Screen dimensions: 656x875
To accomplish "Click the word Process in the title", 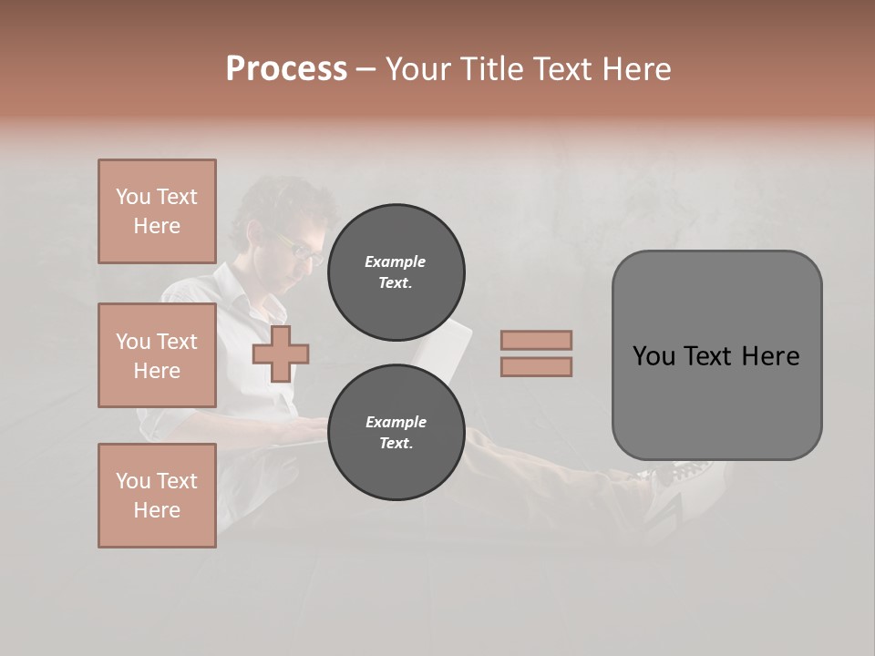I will tap(286, 69).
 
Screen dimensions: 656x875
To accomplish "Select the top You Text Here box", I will tap(157, 211).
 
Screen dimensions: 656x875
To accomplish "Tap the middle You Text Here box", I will tap(157, 355).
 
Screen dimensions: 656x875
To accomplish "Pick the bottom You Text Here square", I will tap(157, 496).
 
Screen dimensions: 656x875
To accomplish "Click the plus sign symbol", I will tap(281, 354).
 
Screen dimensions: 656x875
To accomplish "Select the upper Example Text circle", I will tap(396, 272).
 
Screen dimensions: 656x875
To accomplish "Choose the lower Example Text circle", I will tap(396, 433).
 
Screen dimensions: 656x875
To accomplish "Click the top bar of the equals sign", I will tap(536, 340).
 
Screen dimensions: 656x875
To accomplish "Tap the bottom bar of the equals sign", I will tap(536, 367).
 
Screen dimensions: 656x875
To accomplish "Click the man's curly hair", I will tap(278, 196).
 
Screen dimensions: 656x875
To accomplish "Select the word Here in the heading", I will tap(636, 69).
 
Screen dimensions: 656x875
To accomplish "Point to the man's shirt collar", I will tap(242, 292).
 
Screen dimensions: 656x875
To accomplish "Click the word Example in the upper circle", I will tap(395, 261).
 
